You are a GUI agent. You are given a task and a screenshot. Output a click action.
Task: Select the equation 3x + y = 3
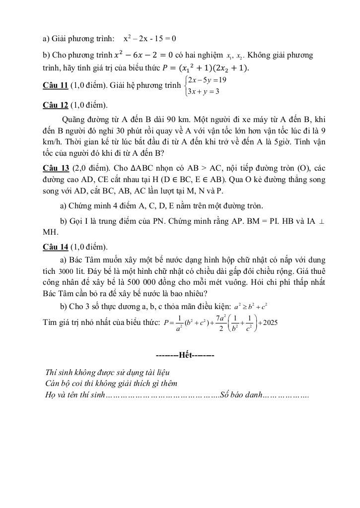pos(203,91)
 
